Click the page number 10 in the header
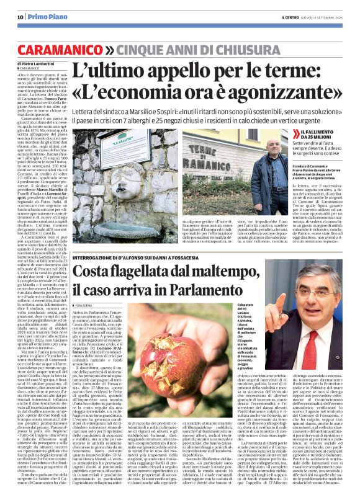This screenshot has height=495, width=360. click(x=20, y=17)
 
